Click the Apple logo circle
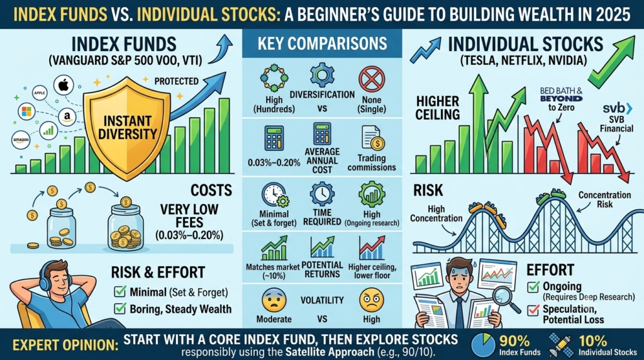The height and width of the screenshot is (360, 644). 64,86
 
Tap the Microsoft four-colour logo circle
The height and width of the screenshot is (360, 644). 26,111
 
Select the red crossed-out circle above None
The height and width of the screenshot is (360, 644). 371,79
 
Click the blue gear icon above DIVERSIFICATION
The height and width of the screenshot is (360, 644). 321,75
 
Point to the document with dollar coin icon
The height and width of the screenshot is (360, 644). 372,138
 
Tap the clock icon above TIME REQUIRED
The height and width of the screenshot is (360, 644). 322,194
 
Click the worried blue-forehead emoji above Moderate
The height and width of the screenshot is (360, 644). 274,300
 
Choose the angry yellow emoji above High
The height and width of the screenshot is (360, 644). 371,300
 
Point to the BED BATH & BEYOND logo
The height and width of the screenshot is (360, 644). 561,94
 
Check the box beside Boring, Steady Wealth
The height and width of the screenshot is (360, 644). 120,308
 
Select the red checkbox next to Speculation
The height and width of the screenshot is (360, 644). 533,310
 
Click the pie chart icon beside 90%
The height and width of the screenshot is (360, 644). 483,345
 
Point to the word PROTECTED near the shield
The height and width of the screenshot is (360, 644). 176,81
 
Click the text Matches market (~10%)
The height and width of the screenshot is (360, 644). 273,271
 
